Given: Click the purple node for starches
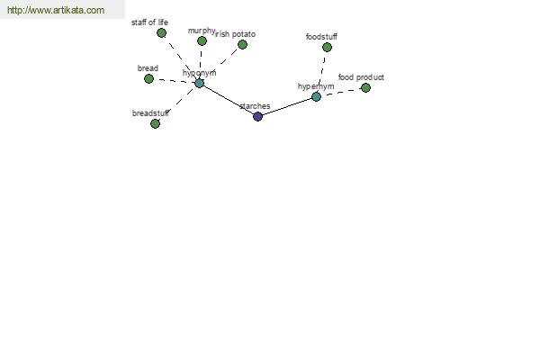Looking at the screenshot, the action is [x=257, y=116].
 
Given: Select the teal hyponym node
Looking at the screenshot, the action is [x=199, y=83].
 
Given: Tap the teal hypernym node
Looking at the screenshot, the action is [x=316, y=97].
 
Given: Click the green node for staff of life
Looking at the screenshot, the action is [x=161, y=33].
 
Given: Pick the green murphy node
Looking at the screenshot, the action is [x=202, y=41].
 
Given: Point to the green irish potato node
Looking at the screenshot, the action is [x=242, y=44].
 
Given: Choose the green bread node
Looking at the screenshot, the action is [x=148, y=79].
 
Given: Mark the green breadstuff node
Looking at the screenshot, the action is [x=155, y=123].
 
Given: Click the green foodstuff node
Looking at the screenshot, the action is [x=327, y=47].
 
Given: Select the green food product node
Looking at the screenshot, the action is [x=365, y=88].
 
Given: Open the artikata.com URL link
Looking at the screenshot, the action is [x=56, y=10].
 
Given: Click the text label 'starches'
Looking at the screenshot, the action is [x=255, y=106].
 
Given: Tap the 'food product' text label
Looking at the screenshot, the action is [x=361, y=77].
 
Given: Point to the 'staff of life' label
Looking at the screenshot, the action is [x=149, y=22].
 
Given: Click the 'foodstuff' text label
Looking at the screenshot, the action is [x=321, y=37].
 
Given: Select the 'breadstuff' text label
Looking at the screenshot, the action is [x=150, y=113].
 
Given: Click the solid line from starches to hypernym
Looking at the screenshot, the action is [x=287, y=107].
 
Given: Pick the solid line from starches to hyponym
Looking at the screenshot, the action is [x=229, y=100].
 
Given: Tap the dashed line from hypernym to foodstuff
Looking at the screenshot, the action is [x=322, y=72].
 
